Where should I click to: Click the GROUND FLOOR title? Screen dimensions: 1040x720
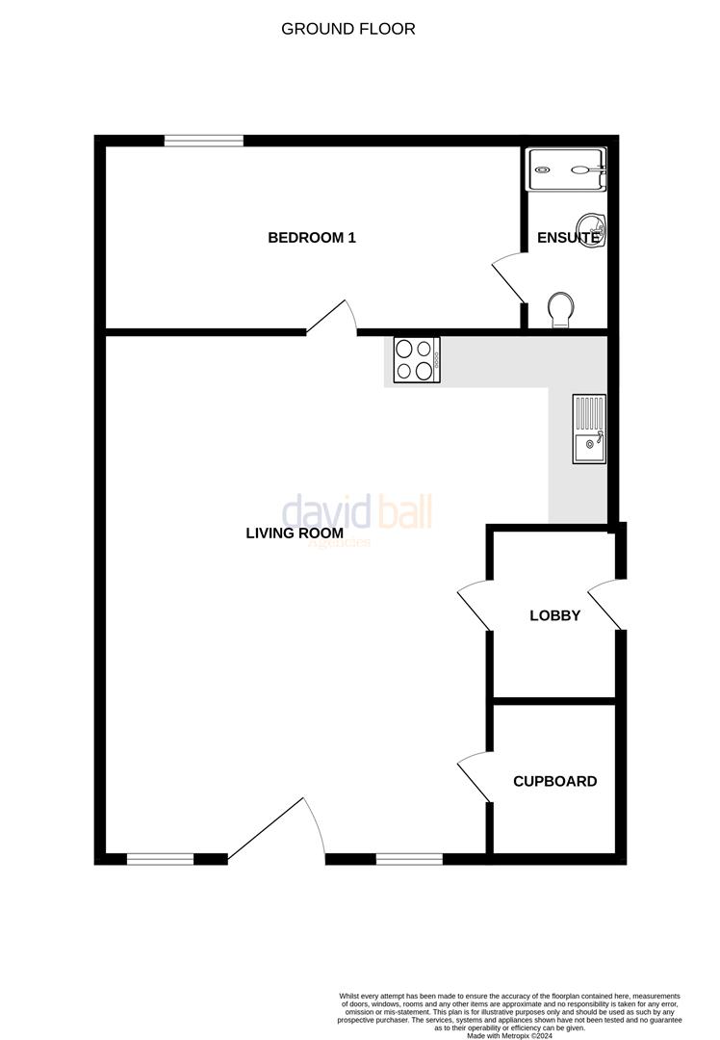pos(348,29)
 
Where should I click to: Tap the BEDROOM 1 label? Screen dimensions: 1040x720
pos(312,237)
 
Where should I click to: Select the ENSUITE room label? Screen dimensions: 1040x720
pos(569,237)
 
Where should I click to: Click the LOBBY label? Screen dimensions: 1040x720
pos(555,615)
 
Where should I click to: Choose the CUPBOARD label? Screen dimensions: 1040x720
pos(554,781)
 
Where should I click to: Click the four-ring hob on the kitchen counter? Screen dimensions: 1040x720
pos(416,360)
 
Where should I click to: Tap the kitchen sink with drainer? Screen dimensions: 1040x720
pos(588,429)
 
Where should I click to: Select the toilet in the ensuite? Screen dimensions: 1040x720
pos(559,310)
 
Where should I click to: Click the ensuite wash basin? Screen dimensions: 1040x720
pos(588,228)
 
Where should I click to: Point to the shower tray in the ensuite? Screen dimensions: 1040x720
pos(567,170)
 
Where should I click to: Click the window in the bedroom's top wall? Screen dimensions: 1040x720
pos(203,141)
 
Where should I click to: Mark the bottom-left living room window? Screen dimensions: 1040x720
pos(161,858)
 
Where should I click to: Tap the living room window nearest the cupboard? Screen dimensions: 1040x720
pos(409,858)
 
